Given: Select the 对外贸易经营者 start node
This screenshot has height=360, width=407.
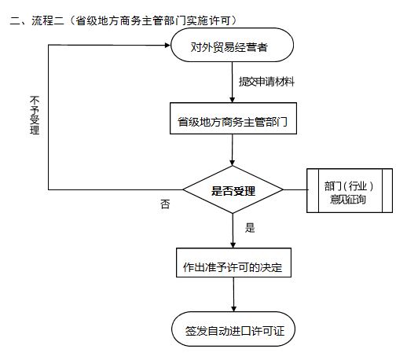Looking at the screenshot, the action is point(232,45).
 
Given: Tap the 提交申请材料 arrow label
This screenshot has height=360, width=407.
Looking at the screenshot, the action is point(266,82).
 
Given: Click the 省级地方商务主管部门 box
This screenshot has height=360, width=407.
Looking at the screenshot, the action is point(233,119).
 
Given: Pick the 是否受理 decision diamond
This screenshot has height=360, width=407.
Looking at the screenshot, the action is point(233,189).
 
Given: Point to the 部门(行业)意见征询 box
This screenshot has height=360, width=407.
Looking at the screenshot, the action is point(350,190).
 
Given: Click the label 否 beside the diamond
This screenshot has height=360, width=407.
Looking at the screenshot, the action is point(165,204).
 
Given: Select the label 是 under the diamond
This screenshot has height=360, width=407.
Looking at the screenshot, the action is point(250,228).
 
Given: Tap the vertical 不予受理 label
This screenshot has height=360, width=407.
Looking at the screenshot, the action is point(35,116).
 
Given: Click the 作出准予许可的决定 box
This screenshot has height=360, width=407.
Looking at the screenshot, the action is point(233,263).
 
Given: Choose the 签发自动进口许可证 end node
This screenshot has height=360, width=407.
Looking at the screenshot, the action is point(233,329).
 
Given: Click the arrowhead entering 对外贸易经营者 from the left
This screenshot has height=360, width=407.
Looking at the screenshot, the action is point(167,46).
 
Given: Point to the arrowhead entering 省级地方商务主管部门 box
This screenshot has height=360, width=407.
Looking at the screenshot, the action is point(232,100).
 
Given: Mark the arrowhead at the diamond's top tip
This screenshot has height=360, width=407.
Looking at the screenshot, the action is point(232,163).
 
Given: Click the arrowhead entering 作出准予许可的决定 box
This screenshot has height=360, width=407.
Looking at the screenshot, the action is point(233,245).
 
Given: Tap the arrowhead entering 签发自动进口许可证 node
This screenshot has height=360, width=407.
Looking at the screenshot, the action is point(233,309).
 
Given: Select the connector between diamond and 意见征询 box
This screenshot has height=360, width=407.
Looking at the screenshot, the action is point(295,189).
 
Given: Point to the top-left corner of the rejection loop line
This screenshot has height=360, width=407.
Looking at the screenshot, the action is point(49,46).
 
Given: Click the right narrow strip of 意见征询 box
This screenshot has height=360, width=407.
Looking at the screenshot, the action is point(387,190).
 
